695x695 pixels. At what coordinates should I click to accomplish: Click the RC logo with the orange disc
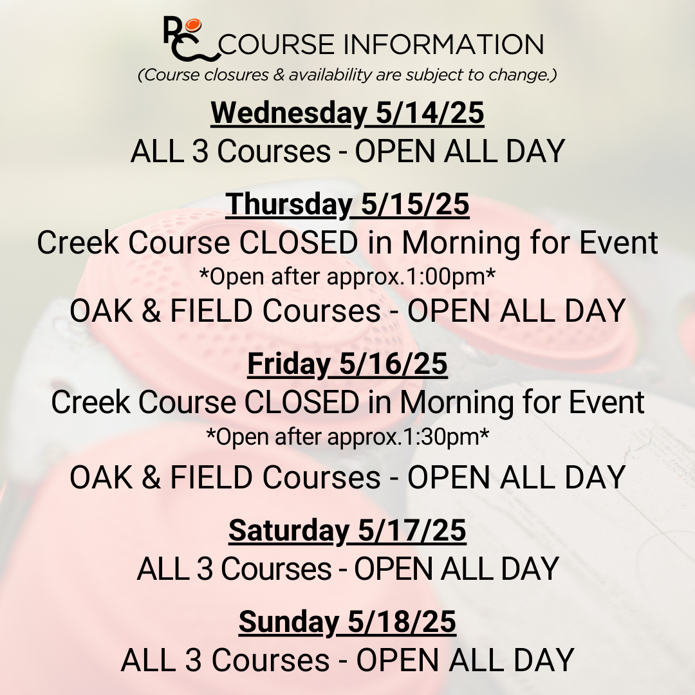click(x=192, y=39)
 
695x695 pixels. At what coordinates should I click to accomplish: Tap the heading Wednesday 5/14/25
click(x=347, y=113)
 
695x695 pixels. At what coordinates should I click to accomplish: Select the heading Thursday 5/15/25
click(x=347, y=205)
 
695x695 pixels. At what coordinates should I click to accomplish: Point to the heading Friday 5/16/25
click(x=347, y=364)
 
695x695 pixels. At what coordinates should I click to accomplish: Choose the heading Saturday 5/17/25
click(x=347, y=531)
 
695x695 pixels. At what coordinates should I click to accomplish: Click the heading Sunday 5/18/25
click(x=347, y=622)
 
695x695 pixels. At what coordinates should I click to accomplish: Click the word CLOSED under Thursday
click(x=299, y=243)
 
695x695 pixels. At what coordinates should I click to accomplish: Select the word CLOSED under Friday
click(x=302, y=402)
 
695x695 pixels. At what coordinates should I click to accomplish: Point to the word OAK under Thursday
click(x=101, y=311)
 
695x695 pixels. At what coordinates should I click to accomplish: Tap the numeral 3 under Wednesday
click(x=200, y=152)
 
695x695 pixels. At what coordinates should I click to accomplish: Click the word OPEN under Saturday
click(x=393, y=569)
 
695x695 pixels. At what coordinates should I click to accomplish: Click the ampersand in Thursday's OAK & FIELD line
click(x=152, y=311)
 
